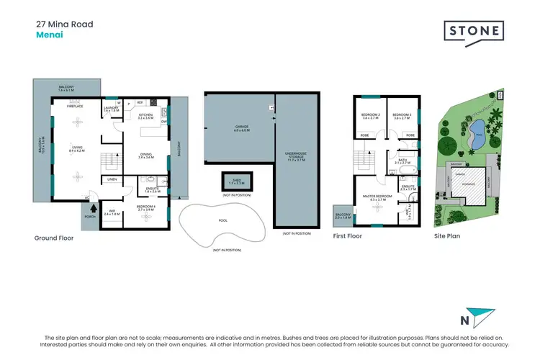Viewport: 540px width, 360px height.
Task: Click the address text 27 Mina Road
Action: point(64,24)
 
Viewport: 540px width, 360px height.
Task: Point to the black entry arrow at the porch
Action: point(91,209)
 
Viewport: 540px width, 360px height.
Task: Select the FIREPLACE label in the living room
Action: point(75,106)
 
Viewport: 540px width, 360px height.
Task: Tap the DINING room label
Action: point(146,155)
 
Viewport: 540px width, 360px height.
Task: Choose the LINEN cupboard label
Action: point(112,179)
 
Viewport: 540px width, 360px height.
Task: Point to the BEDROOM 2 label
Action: point(370,114)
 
